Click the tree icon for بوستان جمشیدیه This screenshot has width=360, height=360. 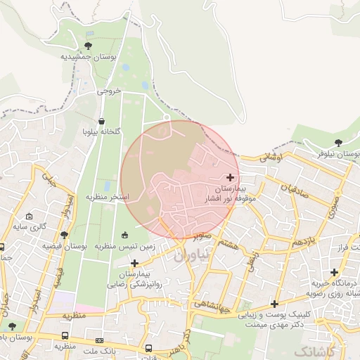click(87, 46)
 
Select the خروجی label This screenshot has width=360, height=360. click(109, 91)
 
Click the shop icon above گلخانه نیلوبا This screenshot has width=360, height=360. click(102, 121)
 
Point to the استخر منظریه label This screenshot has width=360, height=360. click(107, 197)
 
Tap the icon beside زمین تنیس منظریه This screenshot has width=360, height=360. click(125, 235)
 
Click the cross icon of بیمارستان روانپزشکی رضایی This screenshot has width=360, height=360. click(134, 263)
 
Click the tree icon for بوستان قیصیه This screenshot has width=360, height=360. click(65, 235)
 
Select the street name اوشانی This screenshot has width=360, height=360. click(271, 159)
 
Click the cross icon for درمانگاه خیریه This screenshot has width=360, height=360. click(334, 272)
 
